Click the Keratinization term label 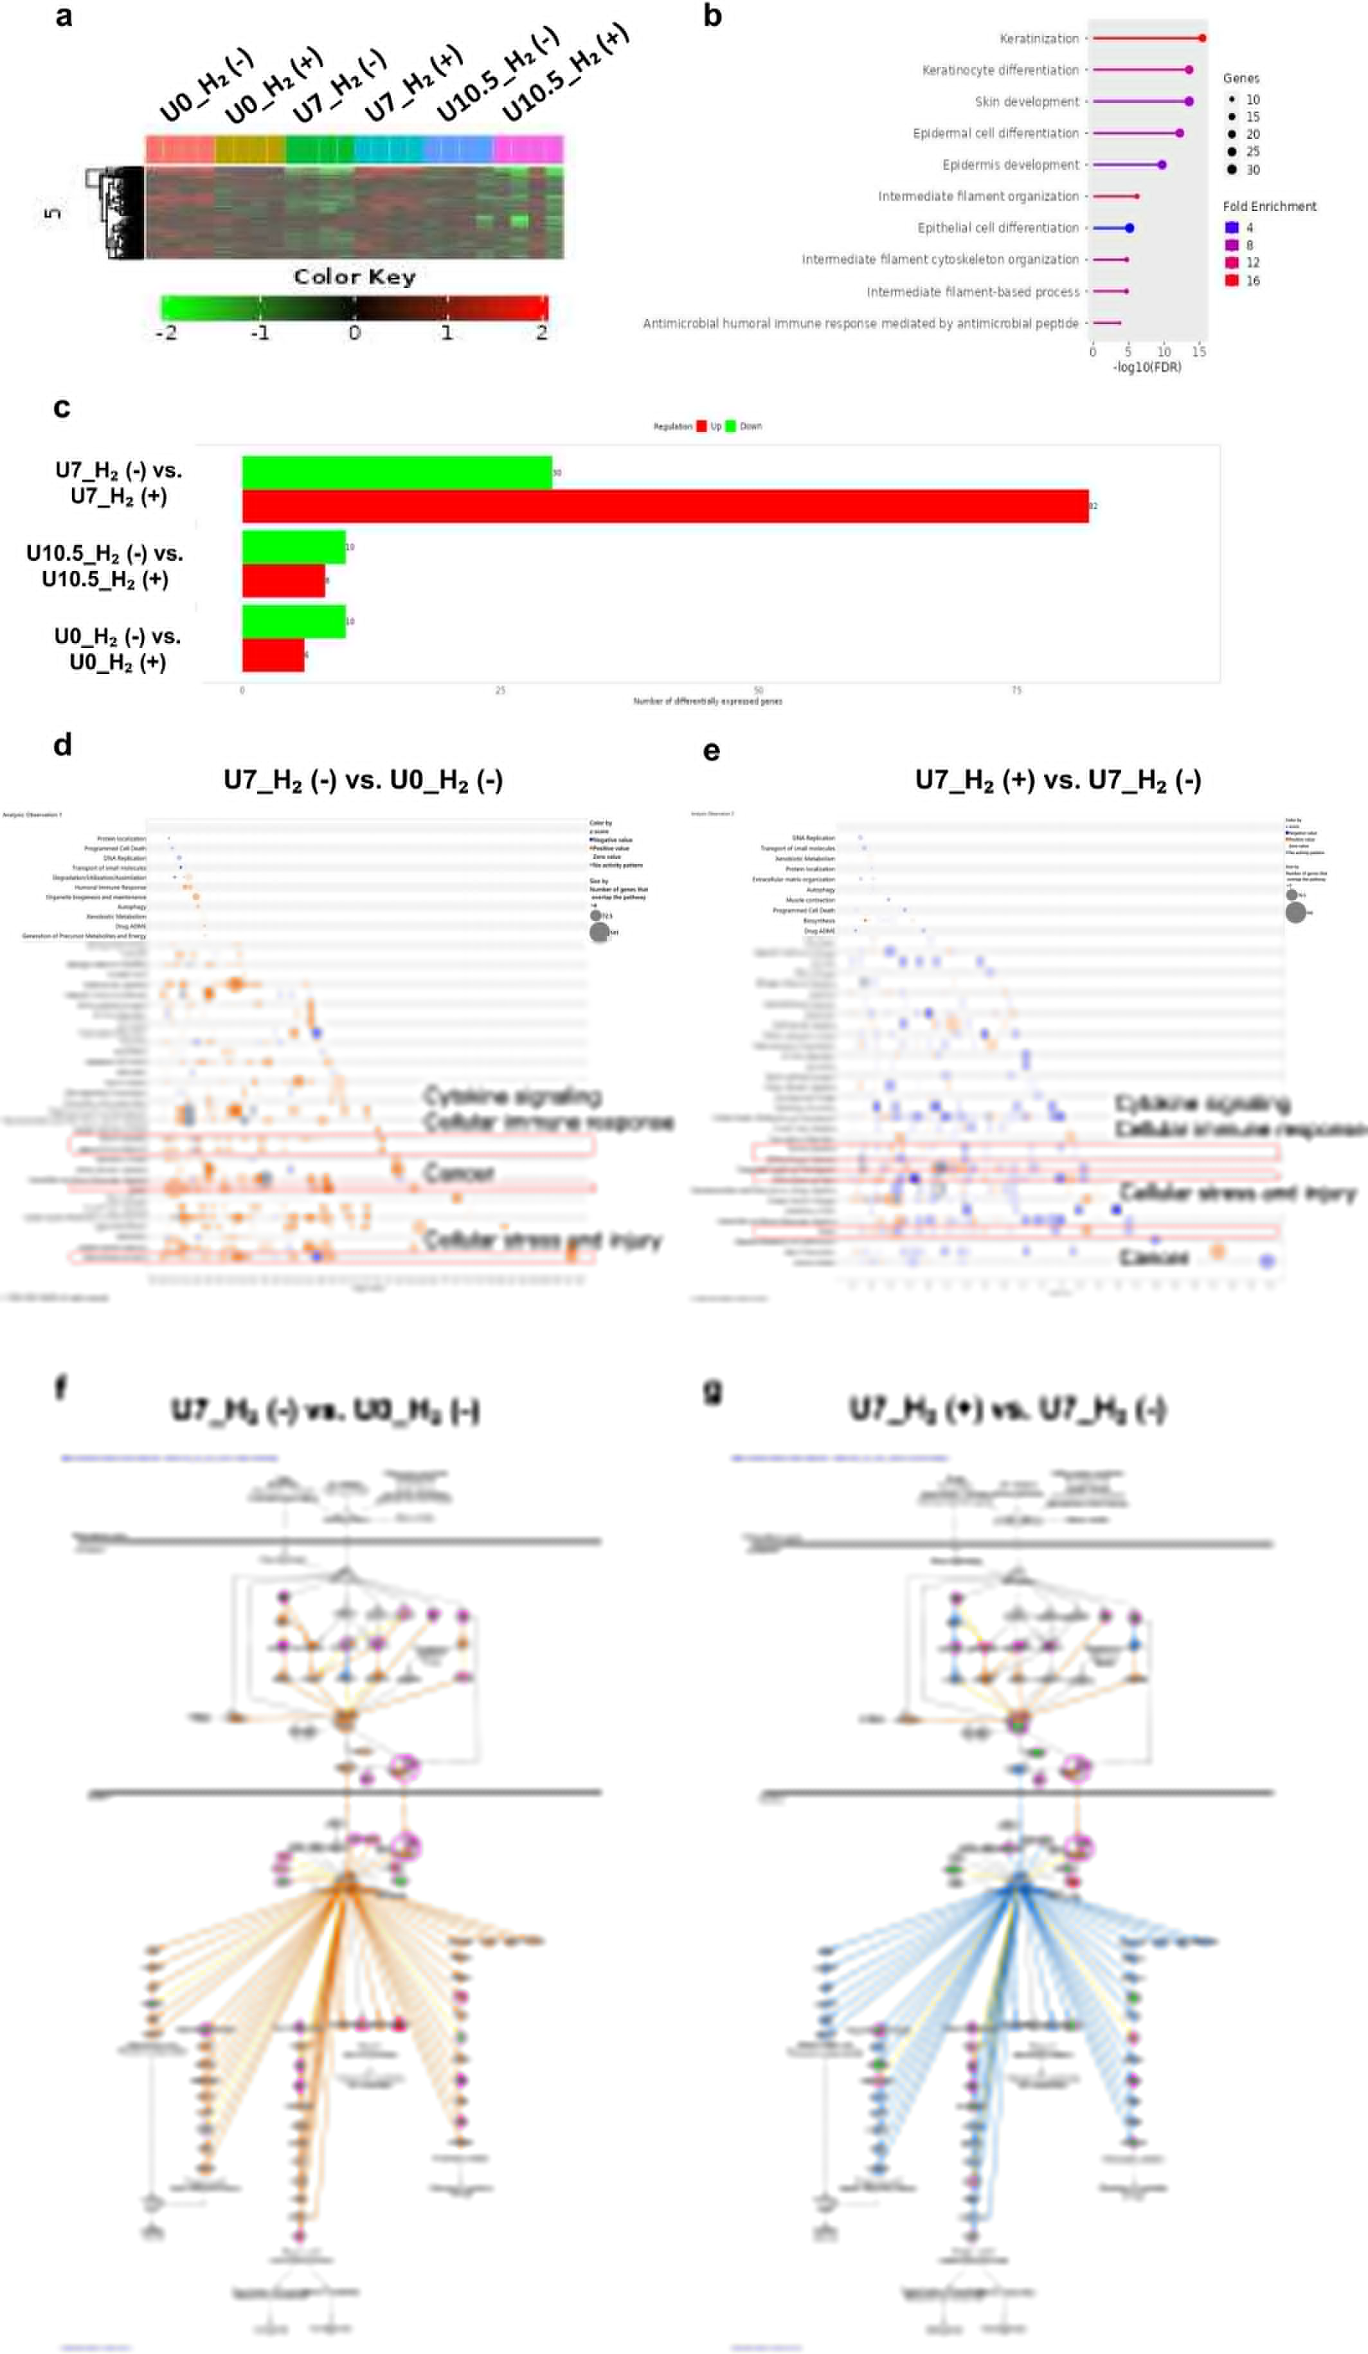tap(1038, 39)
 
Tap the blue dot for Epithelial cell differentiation tap(1129, 228)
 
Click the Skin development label tap(1026, 102)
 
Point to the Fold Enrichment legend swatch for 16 tap(1232, 280)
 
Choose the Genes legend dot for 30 tap(1232, 169)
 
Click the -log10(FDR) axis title tap(1147, 367)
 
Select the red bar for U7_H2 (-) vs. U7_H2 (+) tap(665, 506)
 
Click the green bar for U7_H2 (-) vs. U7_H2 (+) tap(397, 473)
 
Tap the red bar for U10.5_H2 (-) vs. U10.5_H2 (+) tap(283, 580)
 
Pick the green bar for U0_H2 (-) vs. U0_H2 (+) tap(293, 621)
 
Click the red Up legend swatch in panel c tap(701, 426)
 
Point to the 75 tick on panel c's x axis tap(1016, 691)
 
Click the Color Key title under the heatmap tap(354, 276)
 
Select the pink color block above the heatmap tap(528, 149)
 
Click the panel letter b tap(712, 16)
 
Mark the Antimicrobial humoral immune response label tap(860, 323)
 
